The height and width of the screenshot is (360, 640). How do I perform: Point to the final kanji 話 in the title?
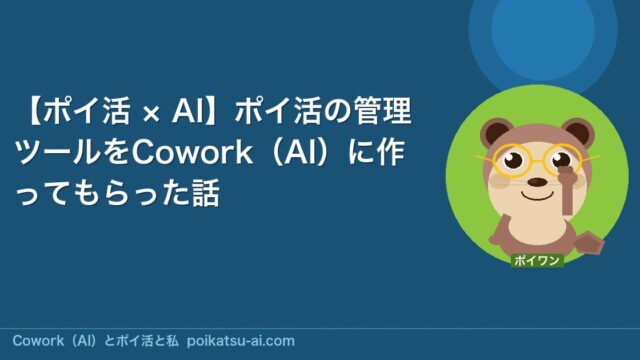(206, 192)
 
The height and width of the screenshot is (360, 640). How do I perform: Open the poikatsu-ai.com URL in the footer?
(240, 341)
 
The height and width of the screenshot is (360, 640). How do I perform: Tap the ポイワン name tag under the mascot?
(536, 261)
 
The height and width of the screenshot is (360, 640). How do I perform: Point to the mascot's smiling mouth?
(538, 196)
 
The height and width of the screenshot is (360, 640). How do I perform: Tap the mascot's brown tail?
(589, 243)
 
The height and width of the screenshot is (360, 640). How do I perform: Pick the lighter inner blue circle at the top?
(542, 29)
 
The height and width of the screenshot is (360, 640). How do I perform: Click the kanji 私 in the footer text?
(172, 341)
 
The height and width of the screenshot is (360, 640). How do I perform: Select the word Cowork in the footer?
(38, 341)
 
